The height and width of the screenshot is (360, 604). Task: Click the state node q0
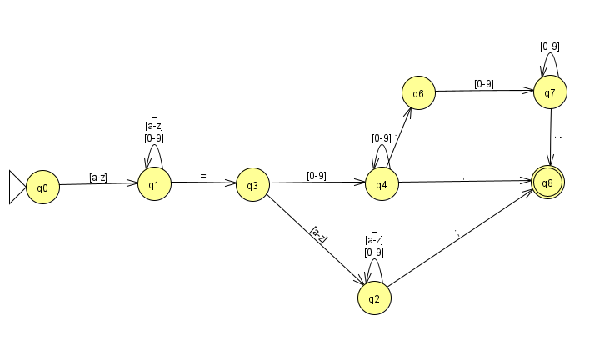point(42,187)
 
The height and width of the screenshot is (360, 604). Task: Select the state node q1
point(154,183)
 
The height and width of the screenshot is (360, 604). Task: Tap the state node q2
point(375,297)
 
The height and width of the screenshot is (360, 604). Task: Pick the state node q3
point(252,185)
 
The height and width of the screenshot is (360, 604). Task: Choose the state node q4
point(382,183)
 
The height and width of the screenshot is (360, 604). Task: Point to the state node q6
point(418,94)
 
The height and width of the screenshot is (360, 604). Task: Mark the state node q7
point(550,92)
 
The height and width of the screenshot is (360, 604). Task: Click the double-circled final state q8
point(547,183)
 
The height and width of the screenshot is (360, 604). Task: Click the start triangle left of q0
point(17,187)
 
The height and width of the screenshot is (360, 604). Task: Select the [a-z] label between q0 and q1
point(98,177)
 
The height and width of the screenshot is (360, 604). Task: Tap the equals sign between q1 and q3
point(202,175)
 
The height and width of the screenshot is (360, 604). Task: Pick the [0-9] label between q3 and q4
point(317,175)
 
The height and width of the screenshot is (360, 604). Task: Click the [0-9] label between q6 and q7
point(484,83)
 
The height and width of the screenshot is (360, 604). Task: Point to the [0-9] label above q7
point(550,47)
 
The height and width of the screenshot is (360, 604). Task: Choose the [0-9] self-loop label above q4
point(382,137)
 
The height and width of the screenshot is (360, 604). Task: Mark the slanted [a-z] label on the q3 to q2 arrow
point(318,233)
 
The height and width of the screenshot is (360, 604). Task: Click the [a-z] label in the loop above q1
point(154,126)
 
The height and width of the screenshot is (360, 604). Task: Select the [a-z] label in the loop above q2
point(374,241)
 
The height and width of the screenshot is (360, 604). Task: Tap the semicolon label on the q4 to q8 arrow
point(464,174)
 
